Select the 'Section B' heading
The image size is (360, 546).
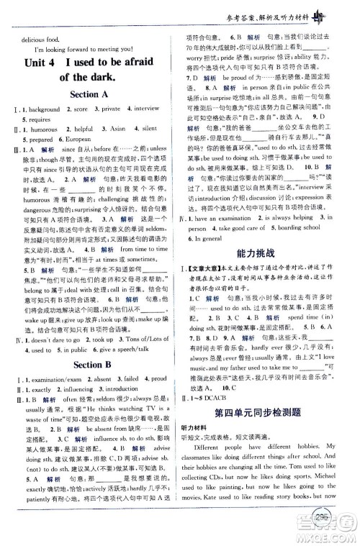click(x=90, y=365)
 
